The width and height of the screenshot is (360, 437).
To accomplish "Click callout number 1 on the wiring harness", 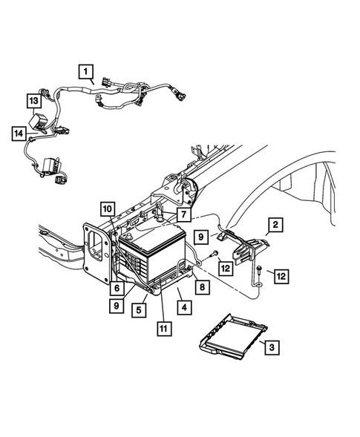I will click(87, 73).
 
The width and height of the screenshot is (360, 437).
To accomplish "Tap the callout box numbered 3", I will click(272, 346).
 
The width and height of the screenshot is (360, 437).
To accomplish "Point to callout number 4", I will click(180, 306).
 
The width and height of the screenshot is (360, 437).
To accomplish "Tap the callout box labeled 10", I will click(108, 208).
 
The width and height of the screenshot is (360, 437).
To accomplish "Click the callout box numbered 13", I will click(34, 100).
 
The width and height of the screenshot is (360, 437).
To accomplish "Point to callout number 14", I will click(18, 134).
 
